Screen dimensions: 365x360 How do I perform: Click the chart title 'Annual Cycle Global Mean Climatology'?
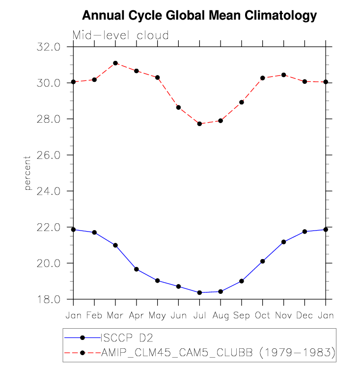coord(199,16)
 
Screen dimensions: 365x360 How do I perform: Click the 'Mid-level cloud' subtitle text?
coord(121,35)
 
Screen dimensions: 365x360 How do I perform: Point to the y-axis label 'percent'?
coord(28,173)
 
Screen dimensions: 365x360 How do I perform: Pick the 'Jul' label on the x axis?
coord(199,315)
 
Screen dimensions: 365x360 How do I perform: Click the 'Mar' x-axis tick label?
coord(115,315)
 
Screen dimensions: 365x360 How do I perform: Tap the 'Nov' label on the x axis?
coord(283,315)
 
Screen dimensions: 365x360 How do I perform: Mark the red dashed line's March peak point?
coord(115,63)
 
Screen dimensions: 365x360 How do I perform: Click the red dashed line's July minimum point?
coord(199,124)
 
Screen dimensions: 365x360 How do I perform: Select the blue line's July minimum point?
coord(199,292)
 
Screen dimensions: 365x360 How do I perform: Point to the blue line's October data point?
coord(263,261)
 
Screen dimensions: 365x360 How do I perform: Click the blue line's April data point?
coord(137,269)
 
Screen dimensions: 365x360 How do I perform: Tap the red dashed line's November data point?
coord(283,75)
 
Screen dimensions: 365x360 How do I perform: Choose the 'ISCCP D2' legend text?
coord(124,338)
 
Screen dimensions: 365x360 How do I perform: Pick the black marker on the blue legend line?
coord(83,338)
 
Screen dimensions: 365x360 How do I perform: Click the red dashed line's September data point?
coord(242,102)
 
